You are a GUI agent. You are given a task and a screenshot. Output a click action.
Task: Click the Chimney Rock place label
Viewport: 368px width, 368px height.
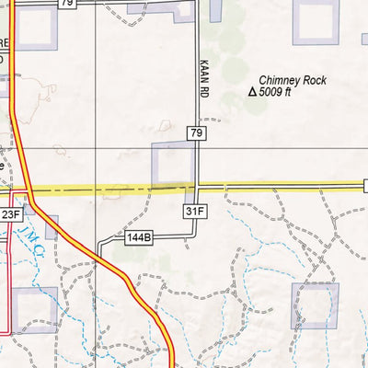pyautogui.click(x=293, y=80)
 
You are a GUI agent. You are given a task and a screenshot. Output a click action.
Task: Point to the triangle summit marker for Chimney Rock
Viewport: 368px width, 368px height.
pyautogui.click(x=253, y=92)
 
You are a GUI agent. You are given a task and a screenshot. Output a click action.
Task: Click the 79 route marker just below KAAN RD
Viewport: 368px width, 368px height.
pyautogui.click(x=196, y=133)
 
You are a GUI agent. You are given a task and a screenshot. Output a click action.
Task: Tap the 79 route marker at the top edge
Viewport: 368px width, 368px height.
pyautogui.click(x=66, y=4)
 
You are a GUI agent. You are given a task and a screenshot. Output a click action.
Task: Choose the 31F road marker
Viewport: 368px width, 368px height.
pyautogui.click(x=192, y=211)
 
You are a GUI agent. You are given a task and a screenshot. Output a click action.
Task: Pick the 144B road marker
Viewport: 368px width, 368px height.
pyautogui.click(x=139, y=237)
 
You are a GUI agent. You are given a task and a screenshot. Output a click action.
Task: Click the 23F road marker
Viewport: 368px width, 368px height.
pyautogui.click(x=10, y=214)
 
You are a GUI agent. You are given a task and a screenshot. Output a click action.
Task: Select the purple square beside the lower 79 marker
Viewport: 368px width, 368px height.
pyautogui.click(x=172, y=164)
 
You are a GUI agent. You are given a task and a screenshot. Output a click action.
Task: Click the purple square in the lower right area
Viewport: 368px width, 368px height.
pyautogui.click(x=315, y=305)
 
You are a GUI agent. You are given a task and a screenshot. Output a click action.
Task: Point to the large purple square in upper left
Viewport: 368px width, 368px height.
pyautogui.click(x=35, y=29)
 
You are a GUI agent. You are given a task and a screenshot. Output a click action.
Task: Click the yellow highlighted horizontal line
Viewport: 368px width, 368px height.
pyautogui.click(x=276, y=187)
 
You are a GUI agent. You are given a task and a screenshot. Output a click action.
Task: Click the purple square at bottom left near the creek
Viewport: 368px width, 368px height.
pyautogui.click(x=35, y=308)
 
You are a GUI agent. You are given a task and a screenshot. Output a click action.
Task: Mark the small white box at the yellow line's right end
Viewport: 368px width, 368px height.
pyautogui.click(x=365, y=186)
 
